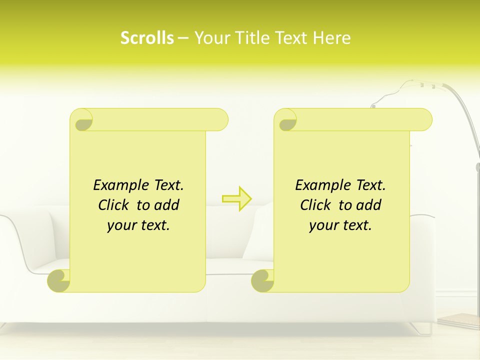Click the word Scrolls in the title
coord(147,37)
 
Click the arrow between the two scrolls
coord(237,199)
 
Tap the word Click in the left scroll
coord(114,205)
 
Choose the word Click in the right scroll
coord(316,205)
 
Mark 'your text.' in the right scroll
coord(340,225)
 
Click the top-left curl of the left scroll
coord(83,120)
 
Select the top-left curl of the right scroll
coord(287,120)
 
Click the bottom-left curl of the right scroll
coord(263,280)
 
